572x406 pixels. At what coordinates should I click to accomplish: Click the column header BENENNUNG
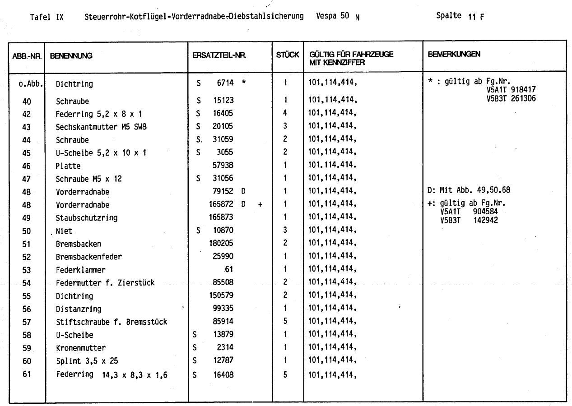(71, 56)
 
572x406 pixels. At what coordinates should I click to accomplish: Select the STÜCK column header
(288, 55)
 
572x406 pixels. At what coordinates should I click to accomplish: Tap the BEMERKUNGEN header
(454, 54)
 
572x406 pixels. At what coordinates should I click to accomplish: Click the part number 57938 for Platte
(223, 166)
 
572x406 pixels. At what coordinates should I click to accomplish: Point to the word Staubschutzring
(87, 218)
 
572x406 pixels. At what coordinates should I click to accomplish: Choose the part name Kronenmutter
(81, 348)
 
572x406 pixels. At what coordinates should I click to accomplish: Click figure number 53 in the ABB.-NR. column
(26, 270)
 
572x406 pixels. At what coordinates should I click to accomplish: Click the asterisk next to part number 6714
(244, 83)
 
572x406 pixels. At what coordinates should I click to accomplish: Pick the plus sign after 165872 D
(260, 205)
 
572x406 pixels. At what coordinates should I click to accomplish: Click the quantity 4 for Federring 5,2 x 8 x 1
(285, 113)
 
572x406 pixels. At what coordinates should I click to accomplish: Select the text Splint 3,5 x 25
(87, 361)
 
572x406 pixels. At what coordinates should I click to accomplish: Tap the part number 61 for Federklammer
(229, 270)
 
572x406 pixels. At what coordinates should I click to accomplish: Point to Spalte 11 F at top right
(460, 16)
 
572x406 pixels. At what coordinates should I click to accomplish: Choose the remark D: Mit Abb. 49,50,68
(469, 190)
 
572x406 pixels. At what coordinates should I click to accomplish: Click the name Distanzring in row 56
(79, 309)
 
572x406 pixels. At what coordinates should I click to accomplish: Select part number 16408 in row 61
(223, 374)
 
